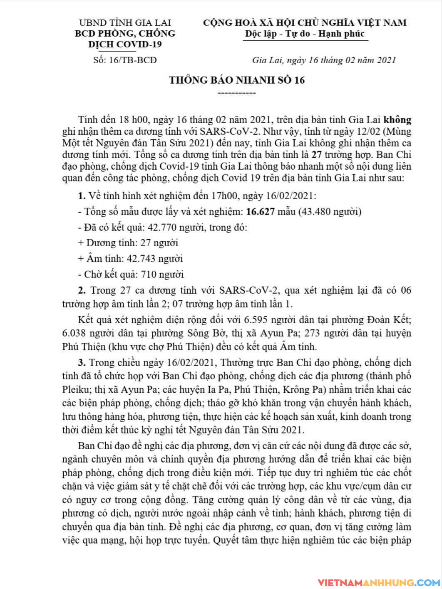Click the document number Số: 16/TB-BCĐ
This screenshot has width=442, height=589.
(125, 60)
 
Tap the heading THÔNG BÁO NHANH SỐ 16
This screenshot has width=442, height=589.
(237, 80)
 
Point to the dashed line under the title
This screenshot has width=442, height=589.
(237, 92)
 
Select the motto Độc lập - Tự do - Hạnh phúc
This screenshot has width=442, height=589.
(304, 34)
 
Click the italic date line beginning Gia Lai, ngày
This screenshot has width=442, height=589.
(324, 60)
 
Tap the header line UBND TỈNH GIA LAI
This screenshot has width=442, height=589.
(125, 22)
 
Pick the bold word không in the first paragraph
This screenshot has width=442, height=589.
(397, 120)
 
